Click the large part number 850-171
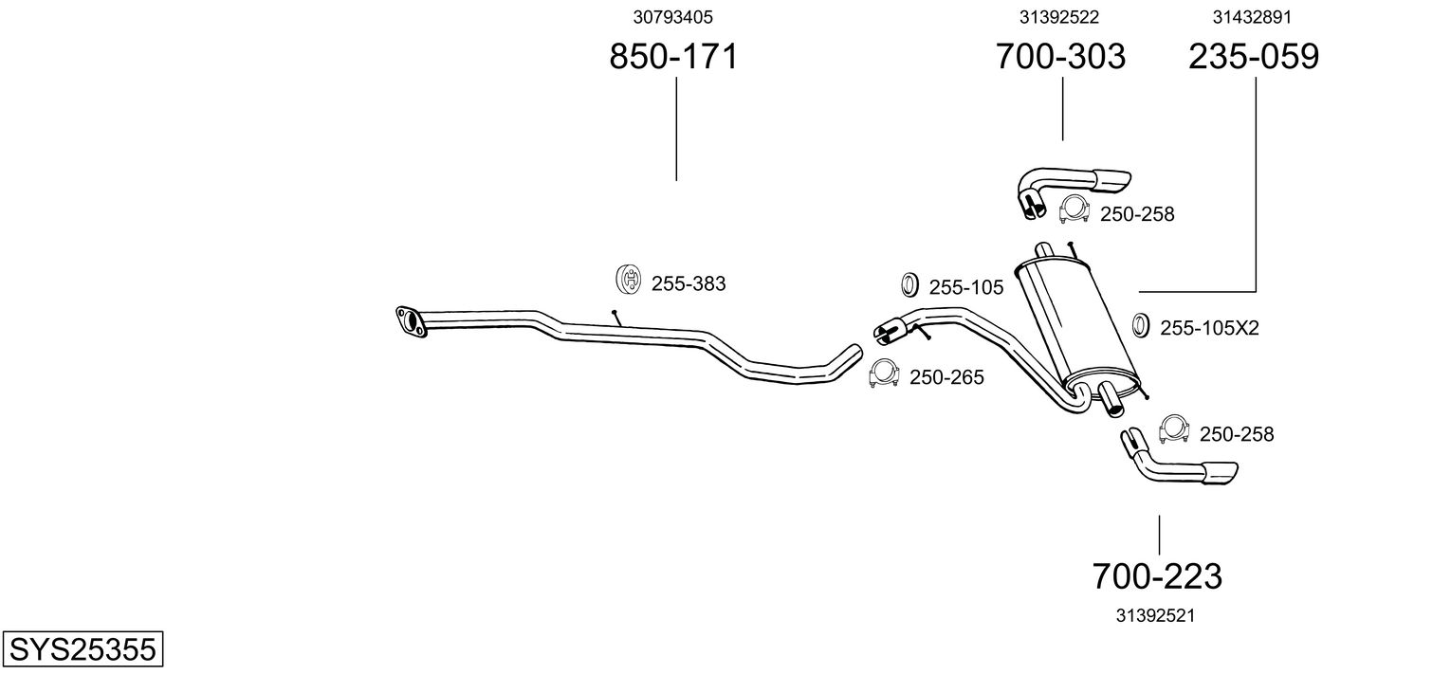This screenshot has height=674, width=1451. [x=672, y=57]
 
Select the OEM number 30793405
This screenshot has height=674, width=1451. [x=672, y=17]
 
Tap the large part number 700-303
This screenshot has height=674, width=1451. [x=1060, y=57]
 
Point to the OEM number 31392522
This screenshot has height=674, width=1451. [x=1060, y=17]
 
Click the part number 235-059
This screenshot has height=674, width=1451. [x=1254, y=57]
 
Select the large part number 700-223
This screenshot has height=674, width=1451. [x=1157, y=575]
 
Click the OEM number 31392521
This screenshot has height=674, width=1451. [x=1154, y=615]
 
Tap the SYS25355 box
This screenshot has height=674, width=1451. [x=82, y=649]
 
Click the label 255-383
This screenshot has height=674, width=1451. [x=689, y=282]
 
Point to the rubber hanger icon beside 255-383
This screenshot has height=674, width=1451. [x=629, y=281]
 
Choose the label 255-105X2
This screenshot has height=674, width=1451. [x=1209, y=328]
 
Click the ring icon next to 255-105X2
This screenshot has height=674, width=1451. [x=1141, y=326]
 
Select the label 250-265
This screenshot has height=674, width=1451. [x=946, y=377]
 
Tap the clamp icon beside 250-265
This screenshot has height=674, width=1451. [x=885, y=375]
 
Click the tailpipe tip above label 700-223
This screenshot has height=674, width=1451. [x=1220, y=472]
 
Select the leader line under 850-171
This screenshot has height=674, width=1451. [x=676, y=129]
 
